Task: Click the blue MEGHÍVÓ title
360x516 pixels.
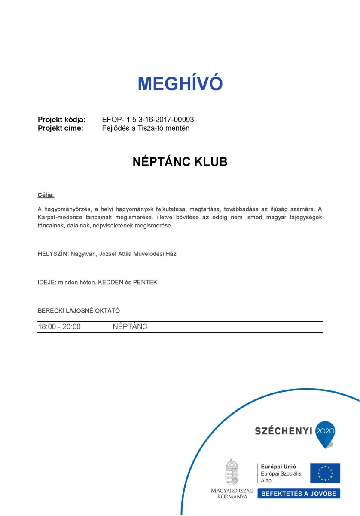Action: (180, 83)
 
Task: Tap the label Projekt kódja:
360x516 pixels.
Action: (62, 120)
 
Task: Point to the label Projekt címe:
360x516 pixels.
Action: (61, 128)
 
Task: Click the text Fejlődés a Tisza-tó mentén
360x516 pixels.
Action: (146, 128)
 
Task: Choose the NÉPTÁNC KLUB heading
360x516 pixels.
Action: (180, 162)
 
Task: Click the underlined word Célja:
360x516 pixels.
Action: (46, 195)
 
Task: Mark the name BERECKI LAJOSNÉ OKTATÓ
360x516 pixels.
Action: (79, 310)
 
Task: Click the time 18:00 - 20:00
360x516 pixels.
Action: (59, 327)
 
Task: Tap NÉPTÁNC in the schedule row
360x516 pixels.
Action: (130, 327)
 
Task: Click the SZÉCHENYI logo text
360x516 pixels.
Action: (283, 431)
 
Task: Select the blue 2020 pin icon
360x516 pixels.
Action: (325, 433)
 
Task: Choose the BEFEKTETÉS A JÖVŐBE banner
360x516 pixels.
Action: (299, 494)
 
